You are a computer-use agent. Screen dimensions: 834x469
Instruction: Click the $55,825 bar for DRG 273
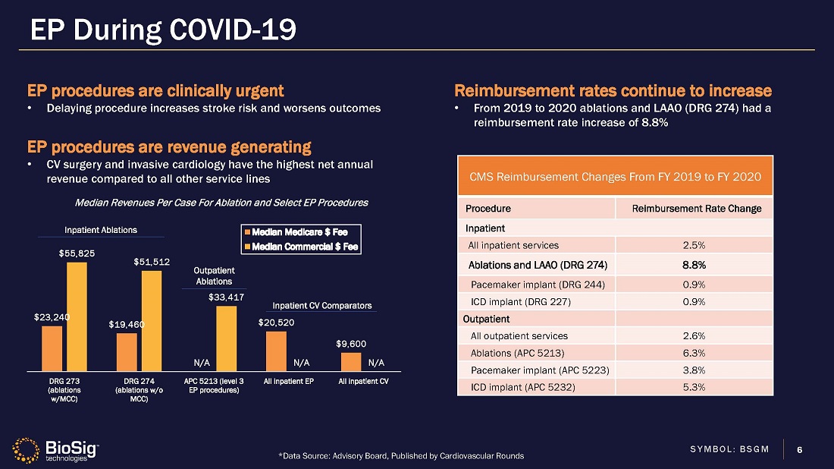coord(77,316)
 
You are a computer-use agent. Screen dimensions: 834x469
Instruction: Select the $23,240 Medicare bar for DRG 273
coord(52,348)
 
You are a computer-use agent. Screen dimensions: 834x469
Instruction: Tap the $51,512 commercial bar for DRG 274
coord(152,321)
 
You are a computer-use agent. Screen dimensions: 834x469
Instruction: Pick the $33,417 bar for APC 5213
coord(227,338)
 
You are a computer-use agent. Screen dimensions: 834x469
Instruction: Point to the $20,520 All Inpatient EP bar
coord(276,351)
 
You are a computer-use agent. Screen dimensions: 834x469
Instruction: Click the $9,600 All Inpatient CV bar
coord(351,362)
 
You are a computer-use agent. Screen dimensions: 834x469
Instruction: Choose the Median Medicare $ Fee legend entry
coord(296,232)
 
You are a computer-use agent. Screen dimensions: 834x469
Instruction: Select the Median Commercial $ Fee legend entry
coord(301,247)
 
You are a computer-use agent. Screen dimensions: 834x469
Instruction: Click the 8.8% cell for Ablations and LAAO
coord(694,265)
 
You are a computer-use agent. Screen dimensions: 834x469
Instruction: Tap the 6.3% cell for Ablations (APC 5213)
coord(694,353)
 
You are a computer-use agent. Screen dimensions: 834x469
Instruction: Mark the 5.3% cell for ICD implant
coord(694,387)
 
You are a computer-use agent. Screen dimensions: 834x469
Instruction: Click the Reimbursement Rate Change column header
coord(697,209)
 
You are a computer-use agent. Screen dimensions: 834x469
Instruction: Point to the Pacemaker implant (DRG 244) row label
coord(538,285)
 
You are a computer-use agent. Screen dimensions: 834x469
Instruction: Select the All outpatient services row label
coord(519,336)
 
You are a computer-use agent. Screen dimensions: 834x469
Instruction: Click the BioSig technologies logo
coord(56,450)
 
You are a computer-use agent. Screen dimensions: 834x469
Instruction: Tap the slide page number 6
coord(799,450)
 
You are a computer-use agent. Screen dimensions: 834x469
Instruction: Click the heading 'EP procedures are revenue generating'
coord(169,147)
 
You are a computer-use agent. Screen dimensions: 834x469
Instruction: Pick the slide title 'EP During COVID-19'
coord(163,30)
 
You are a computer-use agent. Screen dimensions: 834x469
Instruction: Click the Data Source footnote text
coord(401,455)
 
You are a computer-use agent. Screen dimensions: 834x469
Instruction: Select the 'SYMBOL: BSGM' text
coord(729,449)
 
